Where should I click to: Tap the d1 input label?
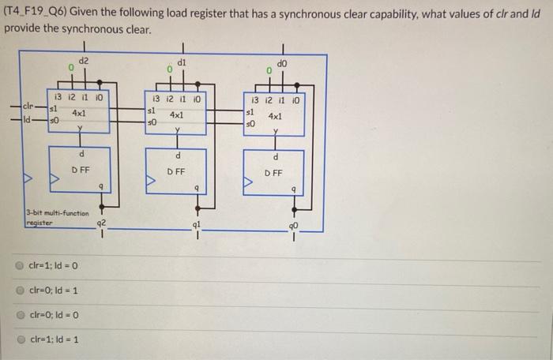182,62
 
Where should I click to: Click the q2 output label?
100,223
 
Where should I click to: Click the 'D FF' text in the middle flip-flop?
176,170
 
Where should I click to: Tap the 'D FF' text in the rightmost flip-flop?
273,171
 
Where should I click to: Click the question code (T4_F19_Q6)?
36,11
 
